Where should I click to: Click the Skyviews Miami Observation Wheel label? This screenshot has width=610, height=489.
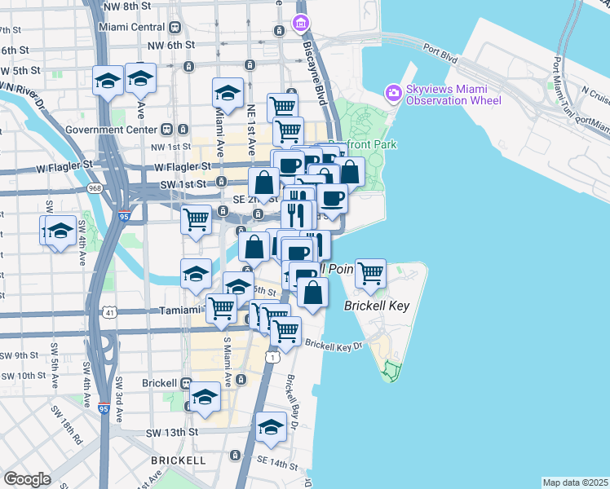(x=454, y=94)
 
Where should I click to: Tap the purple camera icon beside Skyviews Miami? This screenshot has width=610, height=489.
(x=394, y=93)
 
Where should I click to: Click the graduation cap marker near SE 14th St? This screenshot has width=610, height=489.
(x=271, y=428)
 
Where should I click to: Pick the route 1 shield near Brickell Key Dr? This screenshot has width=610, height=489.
(x=272, y=358)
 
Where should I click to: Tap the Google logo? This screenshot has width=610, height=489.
(x=27, y=478)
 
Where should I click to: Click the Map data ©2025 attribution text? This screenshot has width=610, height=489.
(x=575, y=482)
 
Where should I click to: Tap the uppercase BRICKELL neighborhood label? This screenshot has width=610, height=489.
(x=178, y=460)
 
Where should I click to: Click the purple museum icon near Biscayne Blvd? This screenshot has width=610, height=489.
(x=303, y=21)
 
